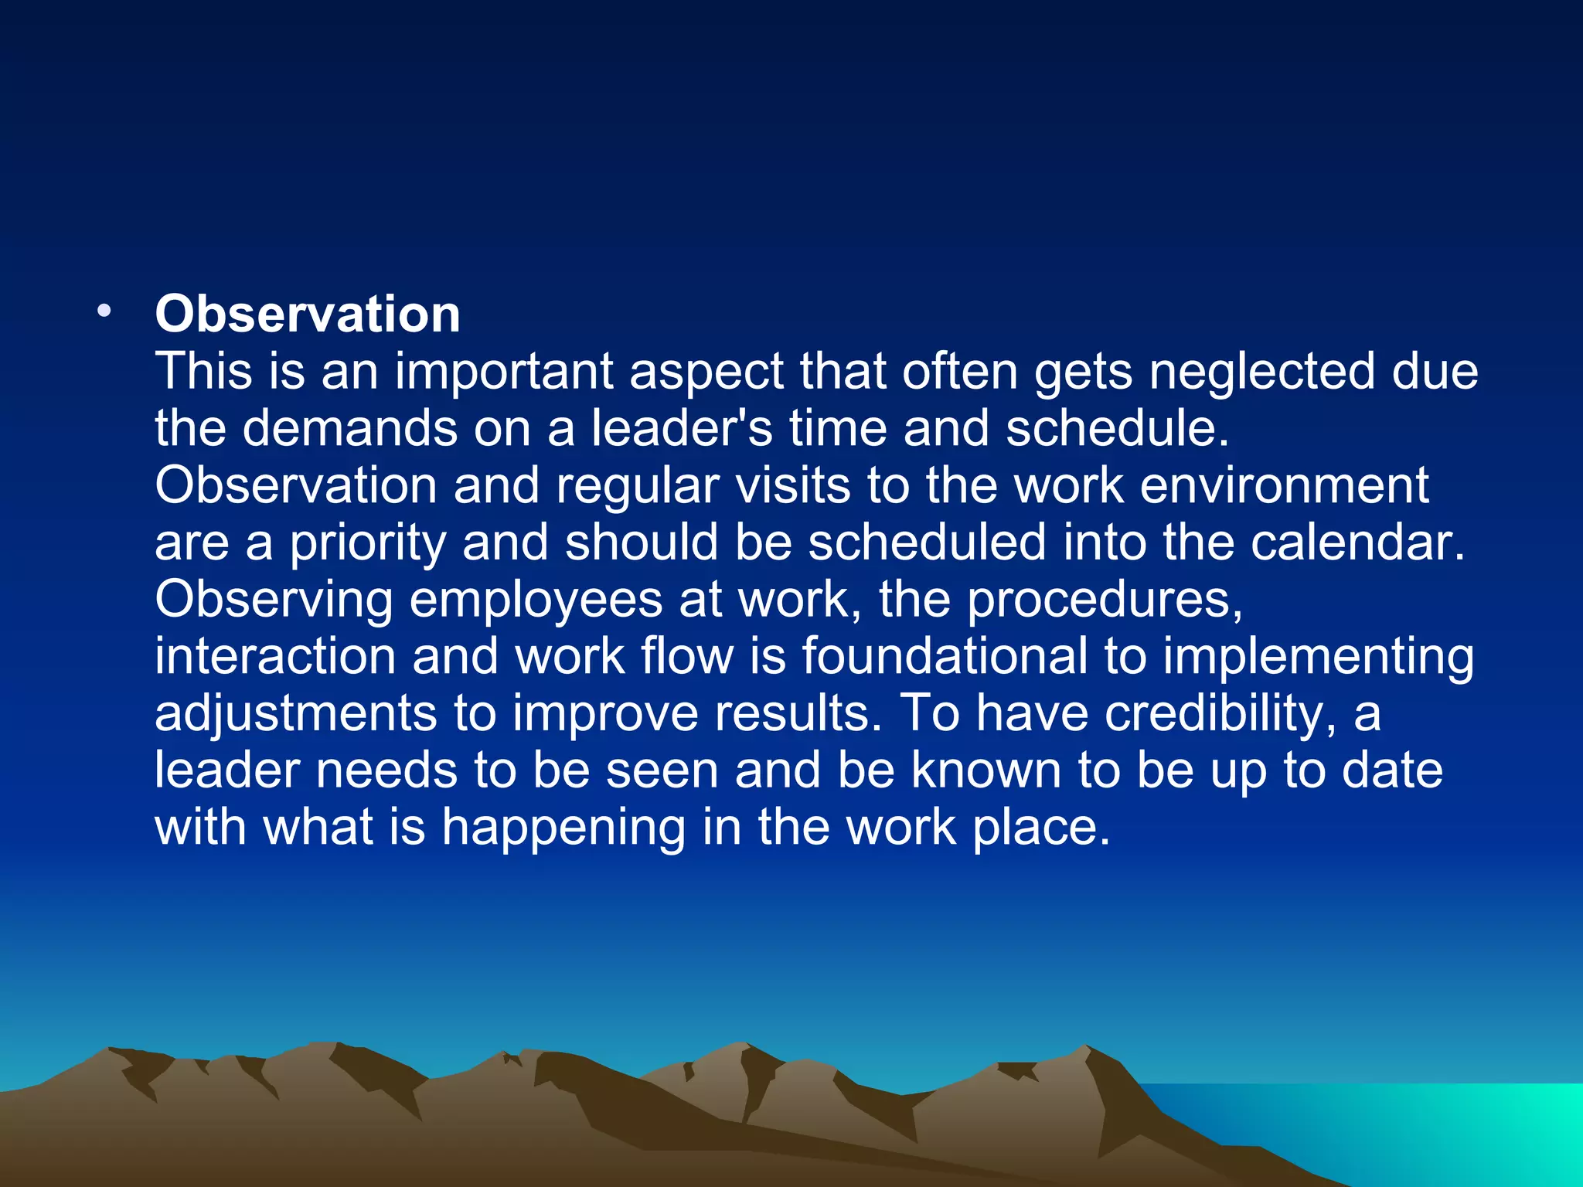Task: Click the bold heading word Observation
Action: [x=308, y=315]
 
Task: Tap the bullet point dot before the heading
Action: [x=104, y=311]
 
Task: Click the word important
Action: [x=504, y=372]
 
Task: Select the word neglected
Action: [x=1261, y=372]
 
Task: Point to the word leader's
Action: [x=681, y=428]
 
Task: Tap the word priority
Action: [x=367, y=543]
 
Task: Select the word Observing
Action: [x=274, y=600]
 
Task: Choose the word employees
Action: [x=536, y=600]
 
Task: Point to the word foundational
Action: [x=945, y=656]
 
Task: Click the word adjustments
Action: [x=296, y=713]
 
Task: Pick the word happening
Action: [x=563, y=828]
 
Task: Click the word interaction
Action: [x=275, y=656]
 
